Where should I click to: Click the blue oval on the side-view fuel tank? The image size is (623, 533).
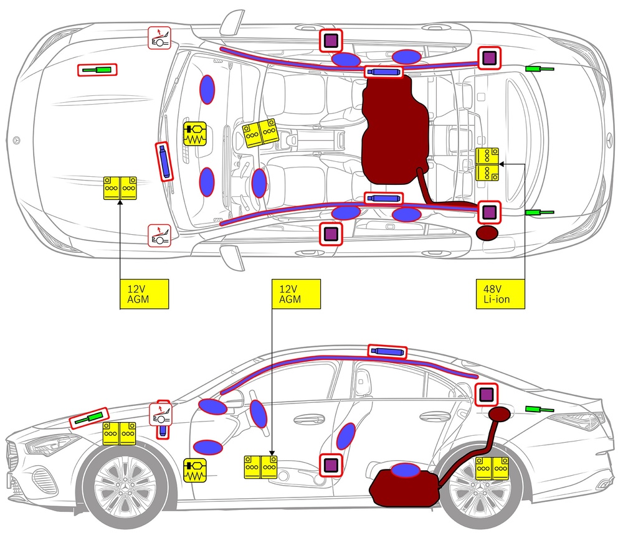pyautogui.click(x=406, y=470)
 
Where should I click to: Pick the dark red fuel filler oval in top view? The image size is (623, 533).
pyautogui.click(x=487, y=233)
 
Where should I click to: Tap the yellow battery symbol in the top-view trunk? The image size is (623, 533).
pyautogui.click(x=487, y=164)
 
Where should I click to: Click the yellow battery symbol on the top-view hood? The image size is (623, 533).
pyautogui.click(x=121, y=189)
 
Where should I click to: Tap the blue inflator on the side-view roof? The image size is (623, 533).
pyautogui.click(x=387, y=352)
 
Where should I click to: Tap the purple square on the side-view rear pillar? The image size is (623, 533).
pyautogui.click(x=487, y=394)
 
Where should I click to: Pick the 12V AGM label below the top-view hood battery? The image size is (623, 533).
pyautogui.click(x=143, y=294)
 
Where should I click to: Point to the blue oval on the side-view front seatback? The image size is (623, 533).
pyautogui.click(x=346, y=436)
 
